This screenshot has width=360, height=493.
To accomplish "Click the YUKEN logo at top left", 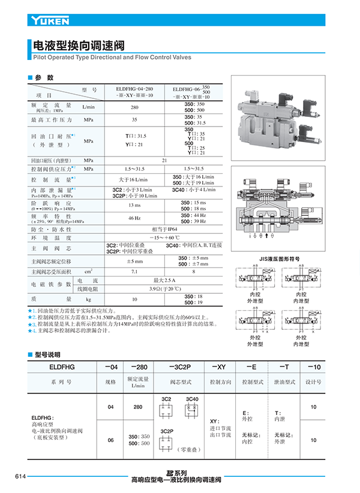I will click(50, 21).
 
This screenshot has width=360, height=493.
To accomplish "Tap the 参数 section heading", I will click(44, 78).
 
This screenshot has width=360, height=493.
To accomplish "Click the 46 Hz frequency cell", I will click(134, 218).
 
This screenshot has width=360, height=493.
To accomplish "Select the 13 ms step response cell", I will click(134, 205).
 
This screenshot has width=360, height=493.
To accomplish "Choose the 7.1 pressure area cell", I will click(134, 272).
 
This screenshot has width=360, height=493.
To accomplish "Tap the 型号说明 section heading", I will click(47, 354).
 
